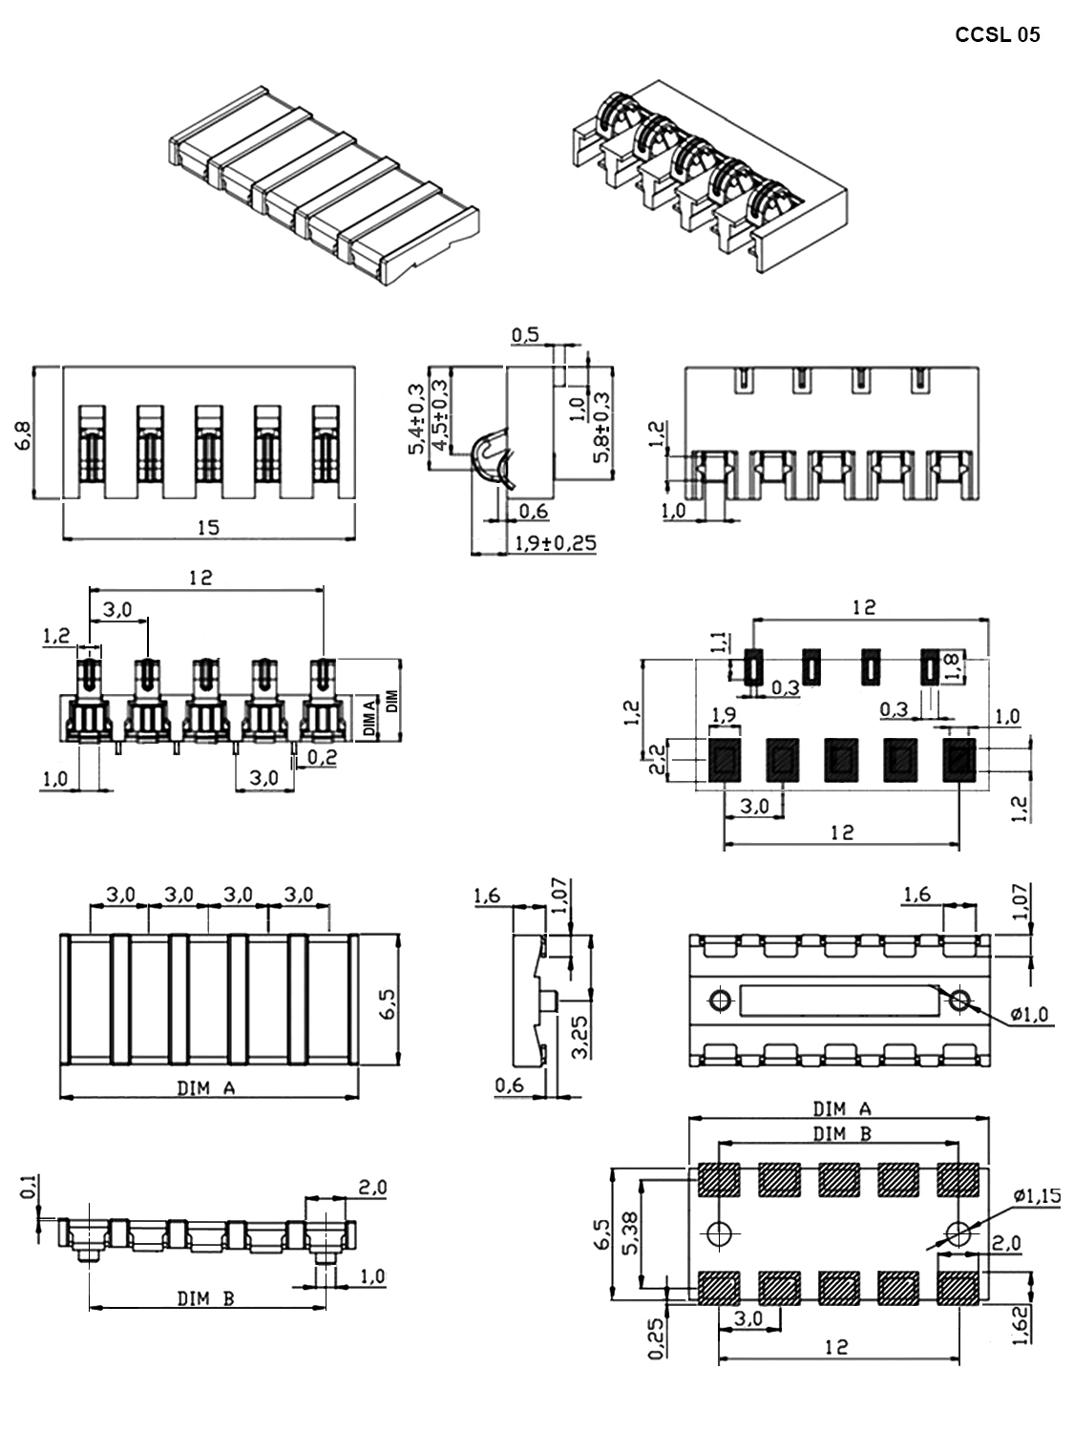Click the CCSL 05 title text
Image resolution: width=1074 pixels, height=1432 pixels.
pyautogui.click(x=997, y=34)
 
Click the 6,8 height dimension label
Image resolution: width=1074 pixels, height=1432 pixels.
pyautogui.click(x=23, y=435)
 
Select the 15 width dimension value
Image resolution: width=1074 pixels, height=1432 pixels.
pyautogui.click(x=208, y=527)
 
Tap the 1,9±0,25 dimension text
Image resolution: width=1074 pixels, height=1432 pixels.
pyautogui.click(x=556, y=543)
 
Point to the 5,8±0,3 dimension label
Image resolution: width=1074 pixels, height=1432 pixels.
pyautogui.click(x=601, y=428)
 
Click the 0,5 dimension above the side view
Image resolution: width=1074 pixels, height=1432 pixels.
pyautogui.click(x=525, y=335)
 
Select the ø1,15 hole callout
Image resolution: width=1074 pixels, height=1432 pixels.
pyautogui.click(x=1037, y=1196)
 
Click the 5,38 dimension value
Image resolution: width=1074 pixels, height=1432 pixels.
pyautogui.click(x=631, y=1233)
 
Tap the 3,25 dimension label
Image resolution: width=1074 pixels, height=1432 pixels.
pyautogui.click(x=579, y=1037)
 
